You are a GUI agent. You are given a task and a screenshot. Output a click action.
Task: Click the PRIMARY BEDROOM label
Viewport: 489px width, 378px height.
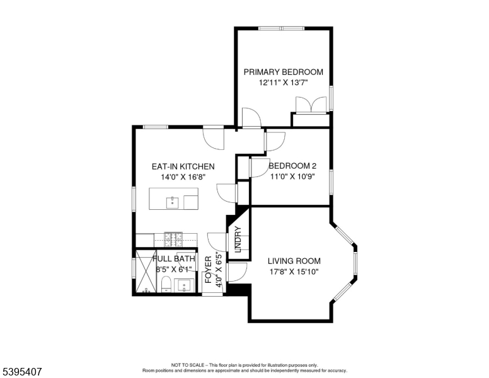pos(283,72)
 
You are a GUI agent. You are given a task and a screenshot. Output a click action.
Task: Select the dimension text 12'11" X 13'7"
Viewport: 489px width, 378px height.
pos(283,83)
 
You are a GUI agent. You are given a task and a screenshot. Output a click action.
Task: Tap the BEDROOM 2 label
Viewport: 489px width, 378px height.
pos(292,166)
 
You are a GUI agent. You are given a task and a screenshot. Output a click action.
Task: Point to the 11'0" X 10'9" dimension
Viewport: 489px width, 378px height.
pos(292,176)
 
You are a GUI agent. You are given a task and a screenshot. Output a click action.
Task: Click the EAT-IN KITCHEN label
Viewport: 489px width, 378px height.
pos(183,166)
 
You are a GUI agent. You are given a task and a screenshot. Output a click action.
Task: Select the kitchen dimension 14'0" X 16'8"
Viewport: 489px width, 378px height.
pos(183,176)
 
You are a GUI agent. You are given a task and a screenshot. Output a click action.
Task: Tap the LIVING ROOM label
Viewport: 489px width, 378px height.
pos(294,261)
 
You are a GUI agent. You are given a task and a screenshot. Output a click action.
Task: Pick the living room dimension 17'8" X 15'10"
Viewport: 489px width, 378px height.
pos(294,272)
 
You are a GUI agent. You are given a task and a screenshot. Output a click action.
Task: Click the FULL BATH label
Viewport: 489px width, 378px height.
pos(174,259)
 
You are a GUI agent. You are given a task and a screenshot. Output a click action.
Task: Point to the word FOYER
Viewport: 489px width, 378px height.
pos(209,267)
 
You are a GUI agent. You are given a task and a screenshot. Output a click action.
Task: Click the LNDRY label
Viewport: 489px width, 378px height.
pos(238,239)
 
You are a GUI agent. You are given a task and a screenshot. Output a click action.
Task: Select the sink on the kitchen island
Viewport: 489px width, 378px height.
pos(173,202)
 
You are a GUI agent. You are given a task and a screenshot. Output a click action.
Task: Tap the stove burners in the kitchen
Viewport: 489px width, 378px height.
pos(173,238)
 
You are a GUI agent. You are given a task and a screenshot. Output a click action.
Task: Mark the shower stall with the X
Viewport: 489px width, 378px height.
pos(146,272)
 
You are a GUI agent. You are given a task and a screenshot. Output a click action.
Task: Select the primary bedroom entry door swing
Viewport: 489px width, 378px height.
pos(250,118)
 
